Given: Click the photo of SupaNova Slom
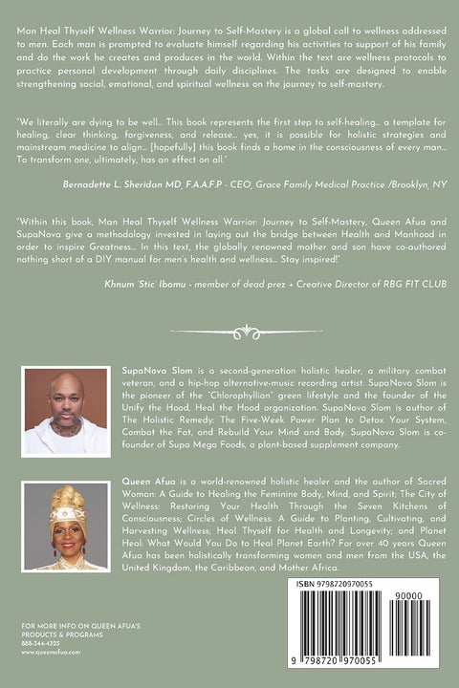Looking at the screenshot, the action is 65,411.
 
